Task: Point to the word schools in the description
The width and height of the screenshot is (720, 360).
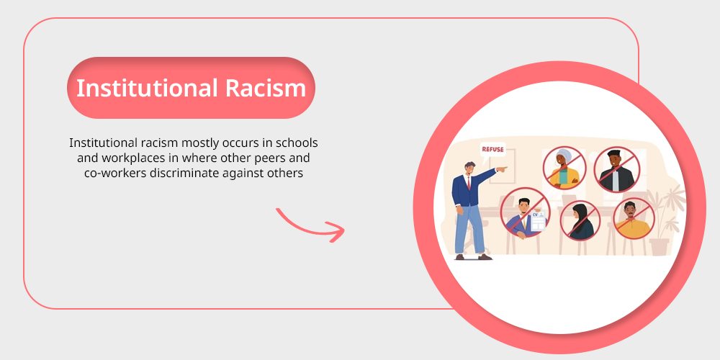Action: coord(300,143)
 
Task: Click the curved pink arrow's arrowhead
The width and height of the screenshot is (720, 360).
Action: coord(336,231)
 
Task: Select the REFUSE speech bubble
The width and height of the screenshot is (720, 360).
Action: coord(492,150)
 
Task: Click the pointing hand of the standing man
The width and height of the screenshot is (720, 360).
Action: coord(503,169)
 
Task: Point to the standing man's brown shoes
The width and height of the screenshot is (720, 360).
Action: coord(473,257)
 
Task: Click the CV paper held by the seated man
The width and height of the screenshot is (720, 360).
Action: coord(538,221)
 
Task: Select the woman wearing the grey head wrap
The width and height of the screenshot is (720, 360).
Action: coord(564,168)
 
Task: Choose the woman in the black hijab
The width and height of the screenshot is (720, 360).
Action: coord(580,221)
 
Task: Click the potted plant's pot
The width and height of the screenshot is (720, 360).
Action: coord(659,246)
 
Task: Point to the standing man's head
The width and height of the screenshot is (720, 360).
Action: coord(469,168)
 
